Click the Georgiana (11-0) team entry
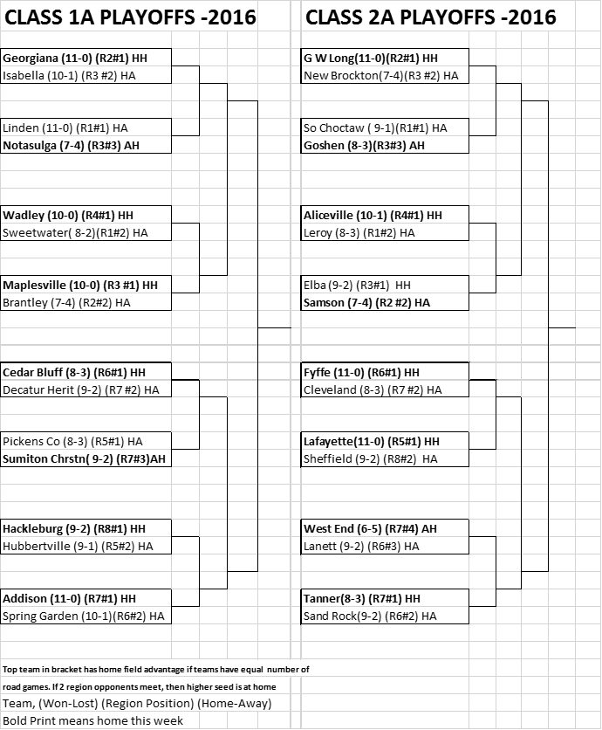click(75, 59)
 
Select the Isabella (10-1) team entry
click(69, 75)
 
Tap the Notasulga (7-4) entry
click(72, 145)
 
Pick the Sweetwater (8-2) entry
click(75, 233)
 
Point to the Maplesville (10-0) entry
click(80, 285)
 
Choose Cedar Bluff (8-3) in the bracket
click(74, 373)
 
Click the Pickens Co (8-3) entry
click(72, 441)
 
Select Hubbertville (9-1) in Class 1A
click(78, 546)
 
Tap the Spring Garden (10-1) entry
click(84, 616)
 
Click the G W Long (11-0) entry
click(371, 59)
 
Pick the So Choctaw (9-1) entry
click(375, 128)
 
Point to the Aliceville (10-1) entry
click(373, 215)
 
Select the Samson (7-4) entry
click(367, 303)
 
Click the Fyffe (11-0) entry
click(361, 373)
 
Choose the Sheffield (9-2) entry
click(371, 459)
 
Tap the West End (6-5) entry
click(370, 529)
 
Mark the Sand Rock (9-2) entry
click(370, 616)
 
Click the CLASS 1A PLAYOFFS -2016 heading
click(130, 17)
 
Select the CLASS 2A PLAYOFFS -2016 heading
click(430, 17)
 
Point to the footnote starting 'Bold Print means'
click(93, 720)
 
